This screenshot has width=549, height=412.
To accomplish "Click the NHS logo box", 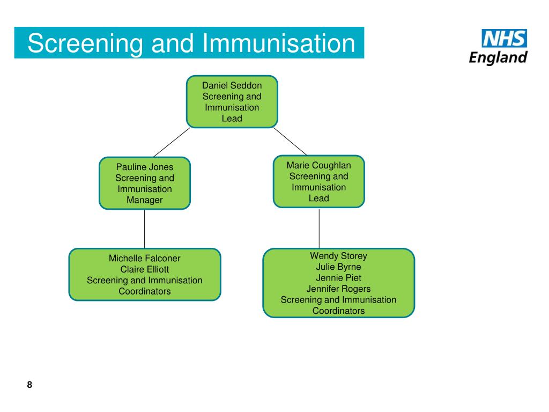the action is point(504,38).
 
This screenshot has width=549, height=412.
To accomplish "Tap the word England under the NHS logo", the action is point(498,57).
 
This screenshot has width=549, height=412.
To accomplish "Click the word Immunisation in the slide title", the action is point(279,43).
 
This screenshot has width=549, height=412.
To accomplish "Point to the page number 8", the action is point(29,384).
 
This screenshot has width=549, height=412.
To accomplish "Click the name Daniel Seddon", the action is point(232,85).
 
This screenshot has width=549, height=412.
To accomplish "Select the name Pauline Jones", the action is point(145,167).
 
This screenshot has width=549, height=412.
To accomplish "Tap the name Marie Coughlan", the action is point(318,165).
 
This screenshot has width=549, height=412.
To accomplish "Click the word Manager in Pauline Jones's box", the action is point(145,200).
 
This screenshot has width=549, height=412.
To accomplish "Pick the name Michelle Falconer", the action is point(145,258).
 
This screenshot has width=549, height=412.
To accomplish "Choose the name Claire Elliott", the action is point(145,269).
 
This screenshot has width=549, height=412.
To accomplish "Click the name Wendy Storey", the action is point(339,256).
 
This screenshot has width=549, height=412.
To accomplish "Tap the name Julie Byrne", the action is point(339,267).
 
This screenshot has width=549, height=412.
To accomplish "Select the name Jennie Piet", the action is point(339,278).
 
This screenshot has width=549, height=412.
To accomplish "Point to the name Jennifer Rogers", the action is point(339,289).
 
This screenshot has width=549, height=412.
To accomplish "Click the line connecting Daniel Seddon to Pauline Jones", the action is point(172,142).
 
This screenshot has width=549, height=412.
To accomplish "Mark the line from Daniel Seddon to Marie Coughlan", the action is point(290,142).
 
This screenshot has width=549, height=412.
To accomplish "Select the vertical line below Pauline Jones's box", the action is point(145,229).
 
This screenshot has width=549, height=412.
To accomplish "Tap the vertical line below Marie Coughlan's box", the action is point(319,228).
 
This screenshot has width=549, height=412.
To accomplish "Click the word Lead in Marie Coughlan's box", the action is point(318,198).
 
